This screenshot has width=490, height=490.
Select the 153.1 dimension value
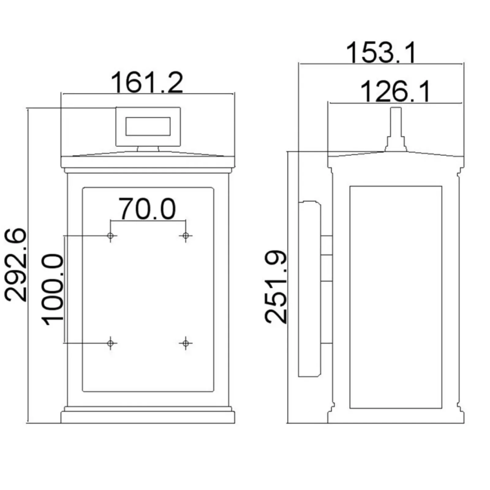click(381, 53)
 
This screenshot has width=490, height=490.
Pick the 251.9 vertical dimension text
click(276, 287)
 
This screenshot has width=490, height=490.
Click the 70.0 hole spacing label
click(147, 209)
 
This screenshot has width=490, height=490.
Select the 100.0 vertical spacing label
click(53, 289)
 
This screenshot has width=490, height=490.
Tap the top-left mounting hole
click(111, 236)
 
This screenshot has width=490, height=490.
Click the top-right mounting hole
click(186, 236)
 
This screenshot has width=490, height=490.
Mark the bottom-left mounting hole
click(111, 343)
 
